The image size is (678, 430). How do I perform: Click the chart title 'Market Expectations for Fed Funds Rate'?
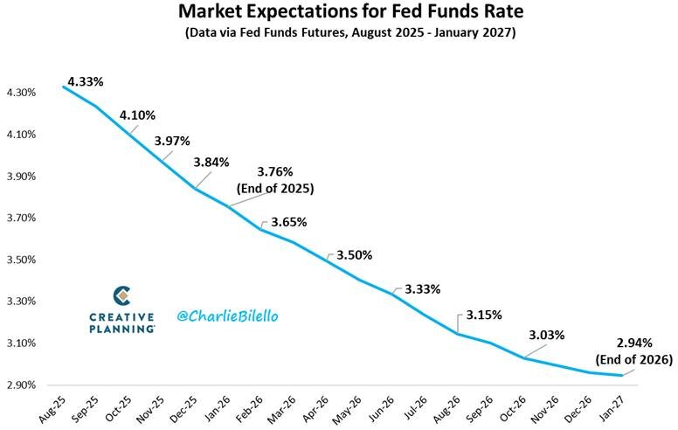pos(338,12)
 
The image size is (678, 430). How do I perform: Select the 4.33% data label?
pos(85,81)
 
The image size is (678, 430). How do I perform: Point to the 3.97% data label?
pos(172,141)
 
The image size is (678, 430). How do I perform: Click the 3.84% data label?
pos(211,163)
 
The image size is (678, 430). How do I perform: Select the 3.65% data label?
pos(288,222)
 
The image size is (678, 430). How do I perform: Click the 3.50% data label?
pos(354,255)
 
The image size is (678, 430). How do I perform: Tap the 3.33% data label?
pos(422,288)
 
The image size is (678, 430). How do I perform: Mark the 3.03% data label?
pos(546,335)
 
